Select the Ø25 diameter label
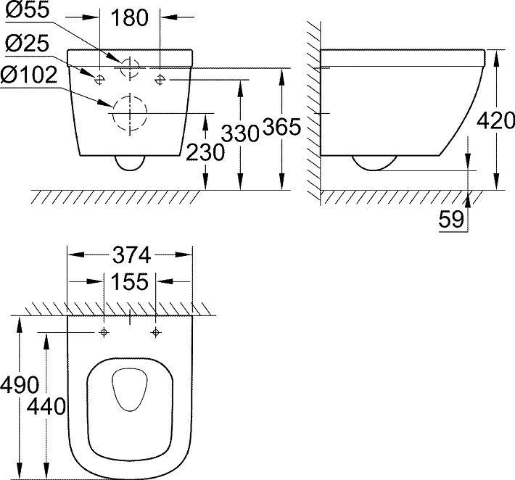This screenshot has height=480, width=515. click(x=27, y=44)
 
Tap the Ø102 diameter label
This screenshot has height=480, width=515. click(x=31, y=75)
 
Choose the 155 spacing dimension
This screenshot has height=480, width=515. click(x=131, y=281)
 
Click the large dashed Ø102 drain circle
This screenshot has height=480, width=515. click(x=128, y=115)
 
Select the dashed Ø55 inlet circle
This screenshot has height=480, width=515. click(x=131, y=67)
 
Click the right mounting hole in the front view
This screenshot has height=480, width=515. click(x=160, y=78)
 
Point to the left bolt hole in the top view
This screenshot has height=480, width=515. click(x=104, y=332)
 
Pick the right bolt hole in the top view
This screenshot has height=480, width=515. click(x=156, y=332)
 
